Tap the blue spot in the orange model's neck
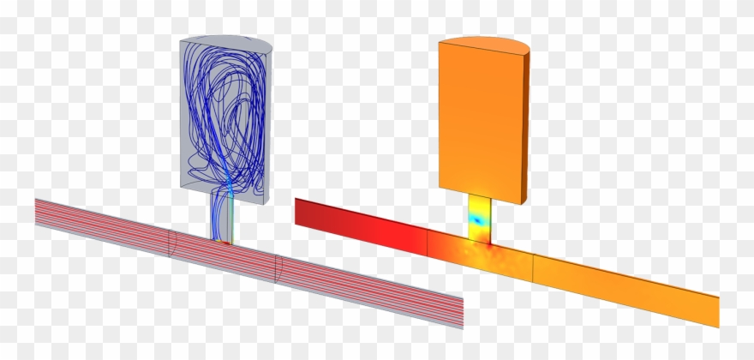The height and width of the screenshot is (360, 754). (477, 219)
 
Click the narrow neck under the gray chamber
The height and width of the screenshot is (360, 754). (222, 216)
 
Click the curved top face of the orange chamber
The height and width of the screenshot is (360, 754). (484, 44)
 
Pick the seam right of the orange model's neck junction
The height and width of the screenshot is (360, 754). (534, 267)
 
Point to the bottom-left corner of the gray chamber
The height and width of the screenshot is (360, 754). (185, 185)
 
